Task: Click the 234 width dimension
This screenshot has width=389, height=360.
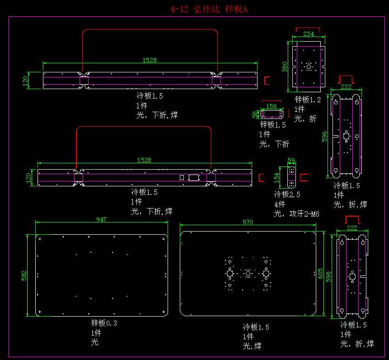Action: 309,34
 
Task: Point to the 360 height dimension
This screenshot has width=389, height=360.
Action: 285,66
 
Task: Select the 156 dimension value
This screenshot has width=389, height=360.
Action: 272,106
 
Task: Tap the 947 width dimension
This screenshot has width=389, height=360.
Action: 102,219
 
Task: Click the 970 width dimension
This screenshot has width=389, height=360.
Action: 248,222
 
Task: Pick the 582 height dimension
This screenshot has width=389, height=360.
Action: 24,276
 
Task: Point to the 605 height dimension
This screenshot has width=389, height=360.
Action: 320,274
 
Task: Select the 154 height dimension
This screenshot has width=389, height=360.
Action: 277,176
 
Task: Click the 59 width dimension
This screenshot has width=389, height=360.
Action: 291,161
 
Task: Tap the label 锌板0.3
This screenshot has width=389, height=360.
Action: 104,323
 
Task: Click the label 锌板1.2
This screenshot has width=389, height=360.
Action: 308,99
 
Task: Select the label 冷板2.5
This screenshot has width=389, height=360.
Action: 287,194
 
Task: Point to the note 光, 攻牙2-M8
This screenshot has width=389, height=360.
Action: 296,214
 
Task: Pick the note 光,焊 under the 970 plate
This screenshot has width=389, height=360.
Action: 252,346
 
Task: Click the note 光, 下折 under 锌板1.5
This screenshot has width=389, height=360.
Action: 274,144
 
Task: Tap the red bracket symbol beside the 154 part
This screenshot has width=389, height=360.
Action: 304,177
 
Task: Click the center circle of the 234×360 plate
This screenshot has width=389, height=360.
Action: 309,67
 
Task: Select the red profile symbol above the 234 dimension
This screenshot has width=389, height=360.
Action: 307,29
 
